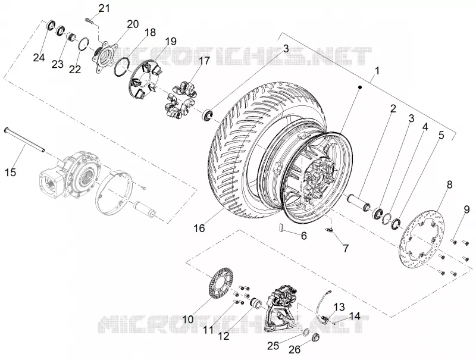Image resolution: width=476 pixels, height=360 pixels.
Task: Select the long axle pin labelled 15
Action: point(24,140)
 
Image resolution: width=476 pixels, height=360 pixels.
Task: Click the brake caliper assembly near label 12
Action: point(280,306)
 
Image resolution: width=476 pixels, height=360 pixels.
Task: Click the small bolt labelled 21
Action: point(88,21)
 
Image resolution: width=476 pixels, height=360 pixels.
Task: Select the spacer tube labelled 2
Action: point(358,202)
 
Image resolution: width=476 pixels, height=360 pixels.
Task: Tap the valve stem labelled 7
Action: point(330,230)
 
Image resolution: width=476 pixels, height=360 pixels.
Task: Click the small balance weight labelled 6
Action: point(282,228)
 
